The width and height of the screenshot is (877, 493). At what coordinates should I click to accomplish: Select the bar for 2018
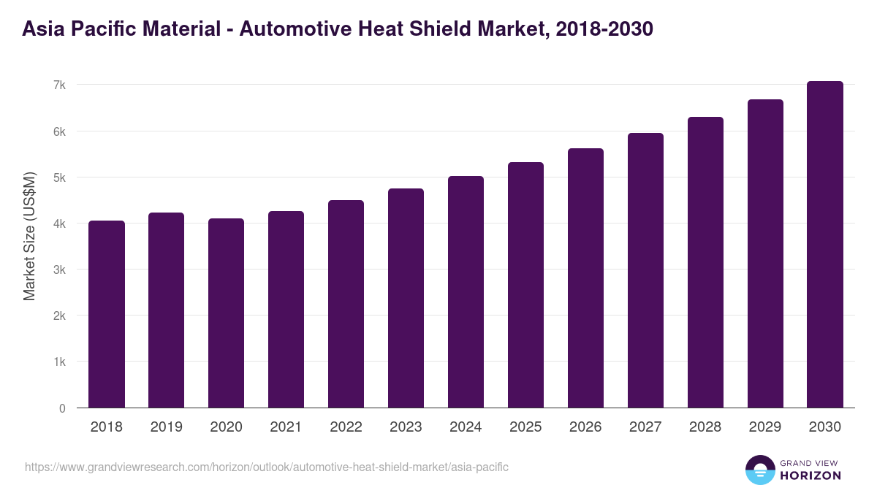pyautogui.click(x=107, y=314)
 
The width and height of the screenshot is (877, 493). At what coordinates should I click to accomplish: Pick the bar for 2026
pyautogui.click(x=586, y=278)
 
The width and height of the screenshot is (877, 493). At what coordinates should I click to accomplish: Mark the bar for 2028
pyautogui.click(x=706, y=262)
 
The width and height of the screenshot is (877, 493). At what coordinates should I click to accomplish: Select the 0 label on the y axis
pyautogui.click(x=63, y=408)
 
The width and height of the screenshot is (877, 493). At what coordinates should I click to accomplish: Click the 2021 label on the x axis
pyautogui.click(x=286, y=427)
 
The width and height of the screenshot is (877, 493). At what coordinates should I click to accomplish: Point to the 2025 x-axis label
pyautogui.click(x=526, y=427)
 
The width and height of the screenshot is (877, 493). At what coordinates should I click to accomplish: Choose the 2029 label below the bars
pyautogui.click(x=766, y=427)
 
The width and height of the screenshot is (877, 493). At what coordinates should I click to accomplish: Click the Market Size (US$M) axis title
pyautogui.click(x=29, y=237)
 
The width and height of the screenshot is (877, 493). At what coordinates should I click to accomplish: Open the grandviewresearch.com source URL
pyautogui.click(x=267, y=467)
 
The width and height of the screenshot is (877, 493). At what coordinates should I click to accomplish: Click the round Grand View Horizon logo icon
pyautogui.click(x=759, y=470)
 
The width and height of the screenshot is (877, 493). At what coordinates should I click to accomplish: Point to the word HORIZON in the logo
pyautogui.click(x=810, y=475)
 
